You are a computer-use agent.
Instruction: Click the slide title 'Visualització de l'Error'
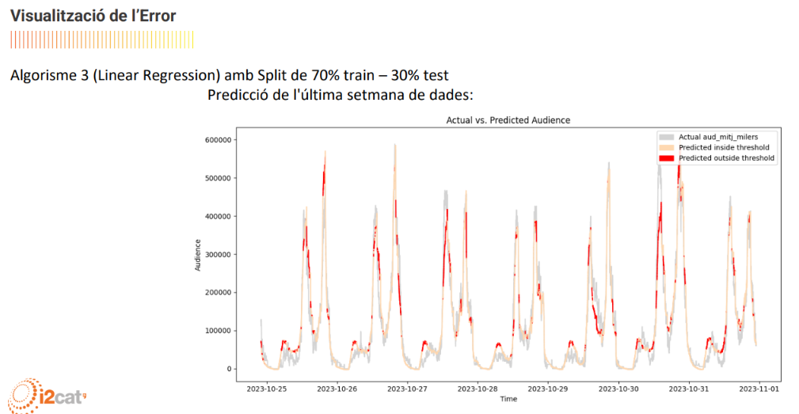[93, 16]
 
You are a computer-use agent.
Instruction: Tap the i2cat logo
[47, 395]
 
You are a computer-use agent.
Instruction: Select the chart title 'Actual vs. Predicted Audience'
[508, 120]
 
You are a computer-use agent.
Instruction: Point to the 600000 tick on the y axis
[218, 140]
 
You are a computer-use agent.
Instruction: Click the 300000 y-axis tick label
[218, 255]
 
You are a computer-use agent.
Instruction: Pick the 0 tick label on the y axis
[229, 369]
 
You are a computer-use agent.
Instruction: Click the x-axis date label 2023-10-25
[267, 389]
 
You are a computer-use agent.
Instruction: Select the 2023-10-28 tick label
[477, 389]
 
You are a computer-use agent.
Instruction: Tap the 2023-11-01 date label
[759, 389]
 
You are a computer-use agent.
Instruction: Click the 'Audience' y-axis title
[198, 255]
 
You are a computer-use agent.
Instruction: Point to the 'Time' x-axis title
[508, 399]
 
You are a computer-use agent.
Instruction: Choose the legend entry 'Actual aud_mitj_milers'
[718, 137]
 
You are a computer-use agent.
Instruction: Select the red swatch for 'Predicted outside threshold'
[667, 158]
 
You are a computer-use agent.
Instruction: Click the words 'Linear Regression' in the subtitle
[157, 75]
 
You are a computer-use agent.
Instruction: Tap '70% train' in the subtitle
[343, 75]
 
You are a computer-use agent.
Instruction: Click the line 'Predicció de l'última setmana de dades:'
[341, 95]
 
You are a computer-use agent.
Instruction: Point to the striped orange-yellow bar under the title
[102, 40]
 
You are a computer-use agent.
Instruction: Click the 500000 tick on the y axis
[218, 178]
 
